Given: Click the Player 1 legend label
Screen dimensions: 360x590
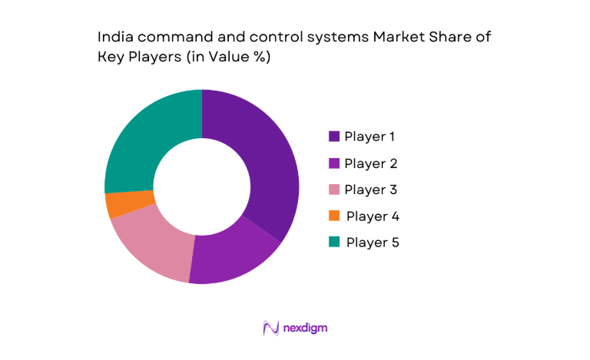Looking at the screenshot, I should click(370, 137).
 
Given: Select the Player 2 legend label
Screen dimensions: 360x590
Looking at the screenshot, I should click(371, 163).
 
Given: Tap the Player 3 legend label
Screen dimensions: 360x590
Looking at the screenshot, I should click(371, 189).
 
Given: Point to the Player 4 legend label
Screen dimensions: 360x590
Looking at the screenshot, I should click(373, 216).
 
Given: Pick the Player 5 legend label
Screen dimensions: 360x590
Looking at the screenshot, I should click(373, 242).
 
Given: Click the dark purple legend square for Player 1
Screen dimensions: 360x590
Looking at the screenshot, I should click(334, 137).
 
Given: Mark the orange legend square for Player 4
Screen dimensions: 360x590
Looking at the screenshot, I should click(334, 216).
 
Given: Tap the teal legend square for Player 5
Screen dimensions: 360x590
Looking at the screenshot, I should click(334, 242).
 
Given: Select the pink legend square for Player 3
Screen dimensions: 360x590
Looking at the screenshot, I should click(334, 189).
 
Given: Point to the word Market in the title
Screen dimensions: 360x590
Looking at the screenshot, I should click(397, 37).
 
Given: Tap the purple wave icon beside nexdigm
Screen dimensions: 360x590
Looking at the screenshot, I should click(270, 328).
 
